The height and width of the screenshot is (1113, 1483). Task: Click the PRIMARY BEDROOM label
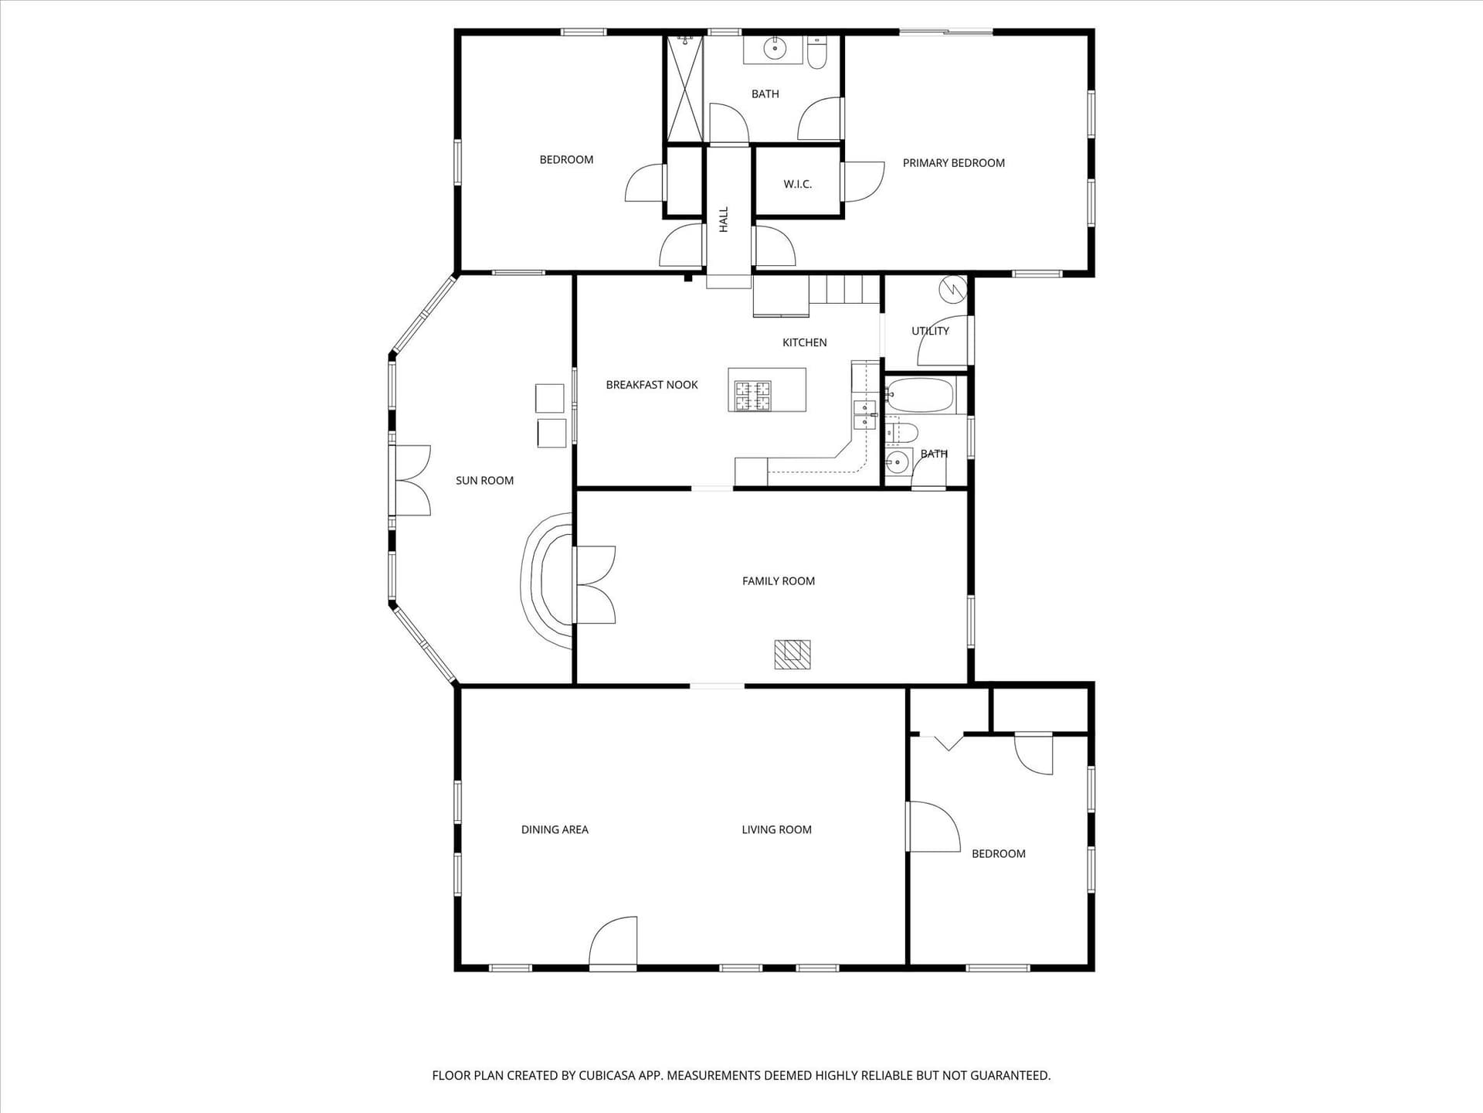coord(953,163)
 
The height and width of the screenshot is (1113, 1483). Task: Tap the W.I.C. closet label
coord(797,184)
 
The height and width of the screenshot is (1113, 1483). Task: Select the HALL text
coord(724,219)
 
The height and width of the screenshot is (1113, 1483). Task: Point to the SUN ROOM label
coord(484,481)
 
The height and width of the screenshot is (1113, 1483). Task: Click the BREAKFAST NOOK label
coord(652,385)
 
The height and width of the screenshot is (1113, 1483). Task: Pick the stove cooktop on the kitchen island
coord(752,397)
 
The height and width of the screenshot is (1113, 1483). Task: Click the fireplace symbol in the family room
coord(792,654)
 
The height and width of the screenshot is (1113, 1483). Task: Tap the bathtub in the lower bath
coord(920,396)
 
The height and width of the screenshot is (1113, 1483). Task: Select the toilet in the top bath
coord(817,52)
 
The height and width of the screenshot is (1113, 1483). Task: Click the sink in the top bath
coord(772,49)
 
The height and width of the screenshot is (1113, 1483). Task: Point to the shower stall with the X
coord(685,89)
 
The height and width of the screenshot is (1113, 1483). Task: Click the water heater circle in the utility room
coord(952,289)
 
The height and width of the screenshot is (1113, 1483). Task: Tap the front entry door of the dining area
coord(613,943)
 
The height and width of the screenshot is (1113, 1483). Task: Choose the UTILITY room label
coord(930,331)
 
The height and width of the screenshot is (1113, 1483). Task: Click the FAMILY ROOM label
coord(779,581)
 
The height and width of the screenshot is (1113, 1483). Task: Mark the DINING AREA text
coord(555,830)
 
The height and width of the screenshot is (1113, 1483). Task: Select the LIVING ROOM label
coord(776,830)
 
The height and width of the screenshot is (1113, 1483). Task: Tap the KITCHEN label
coord(804,342)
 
